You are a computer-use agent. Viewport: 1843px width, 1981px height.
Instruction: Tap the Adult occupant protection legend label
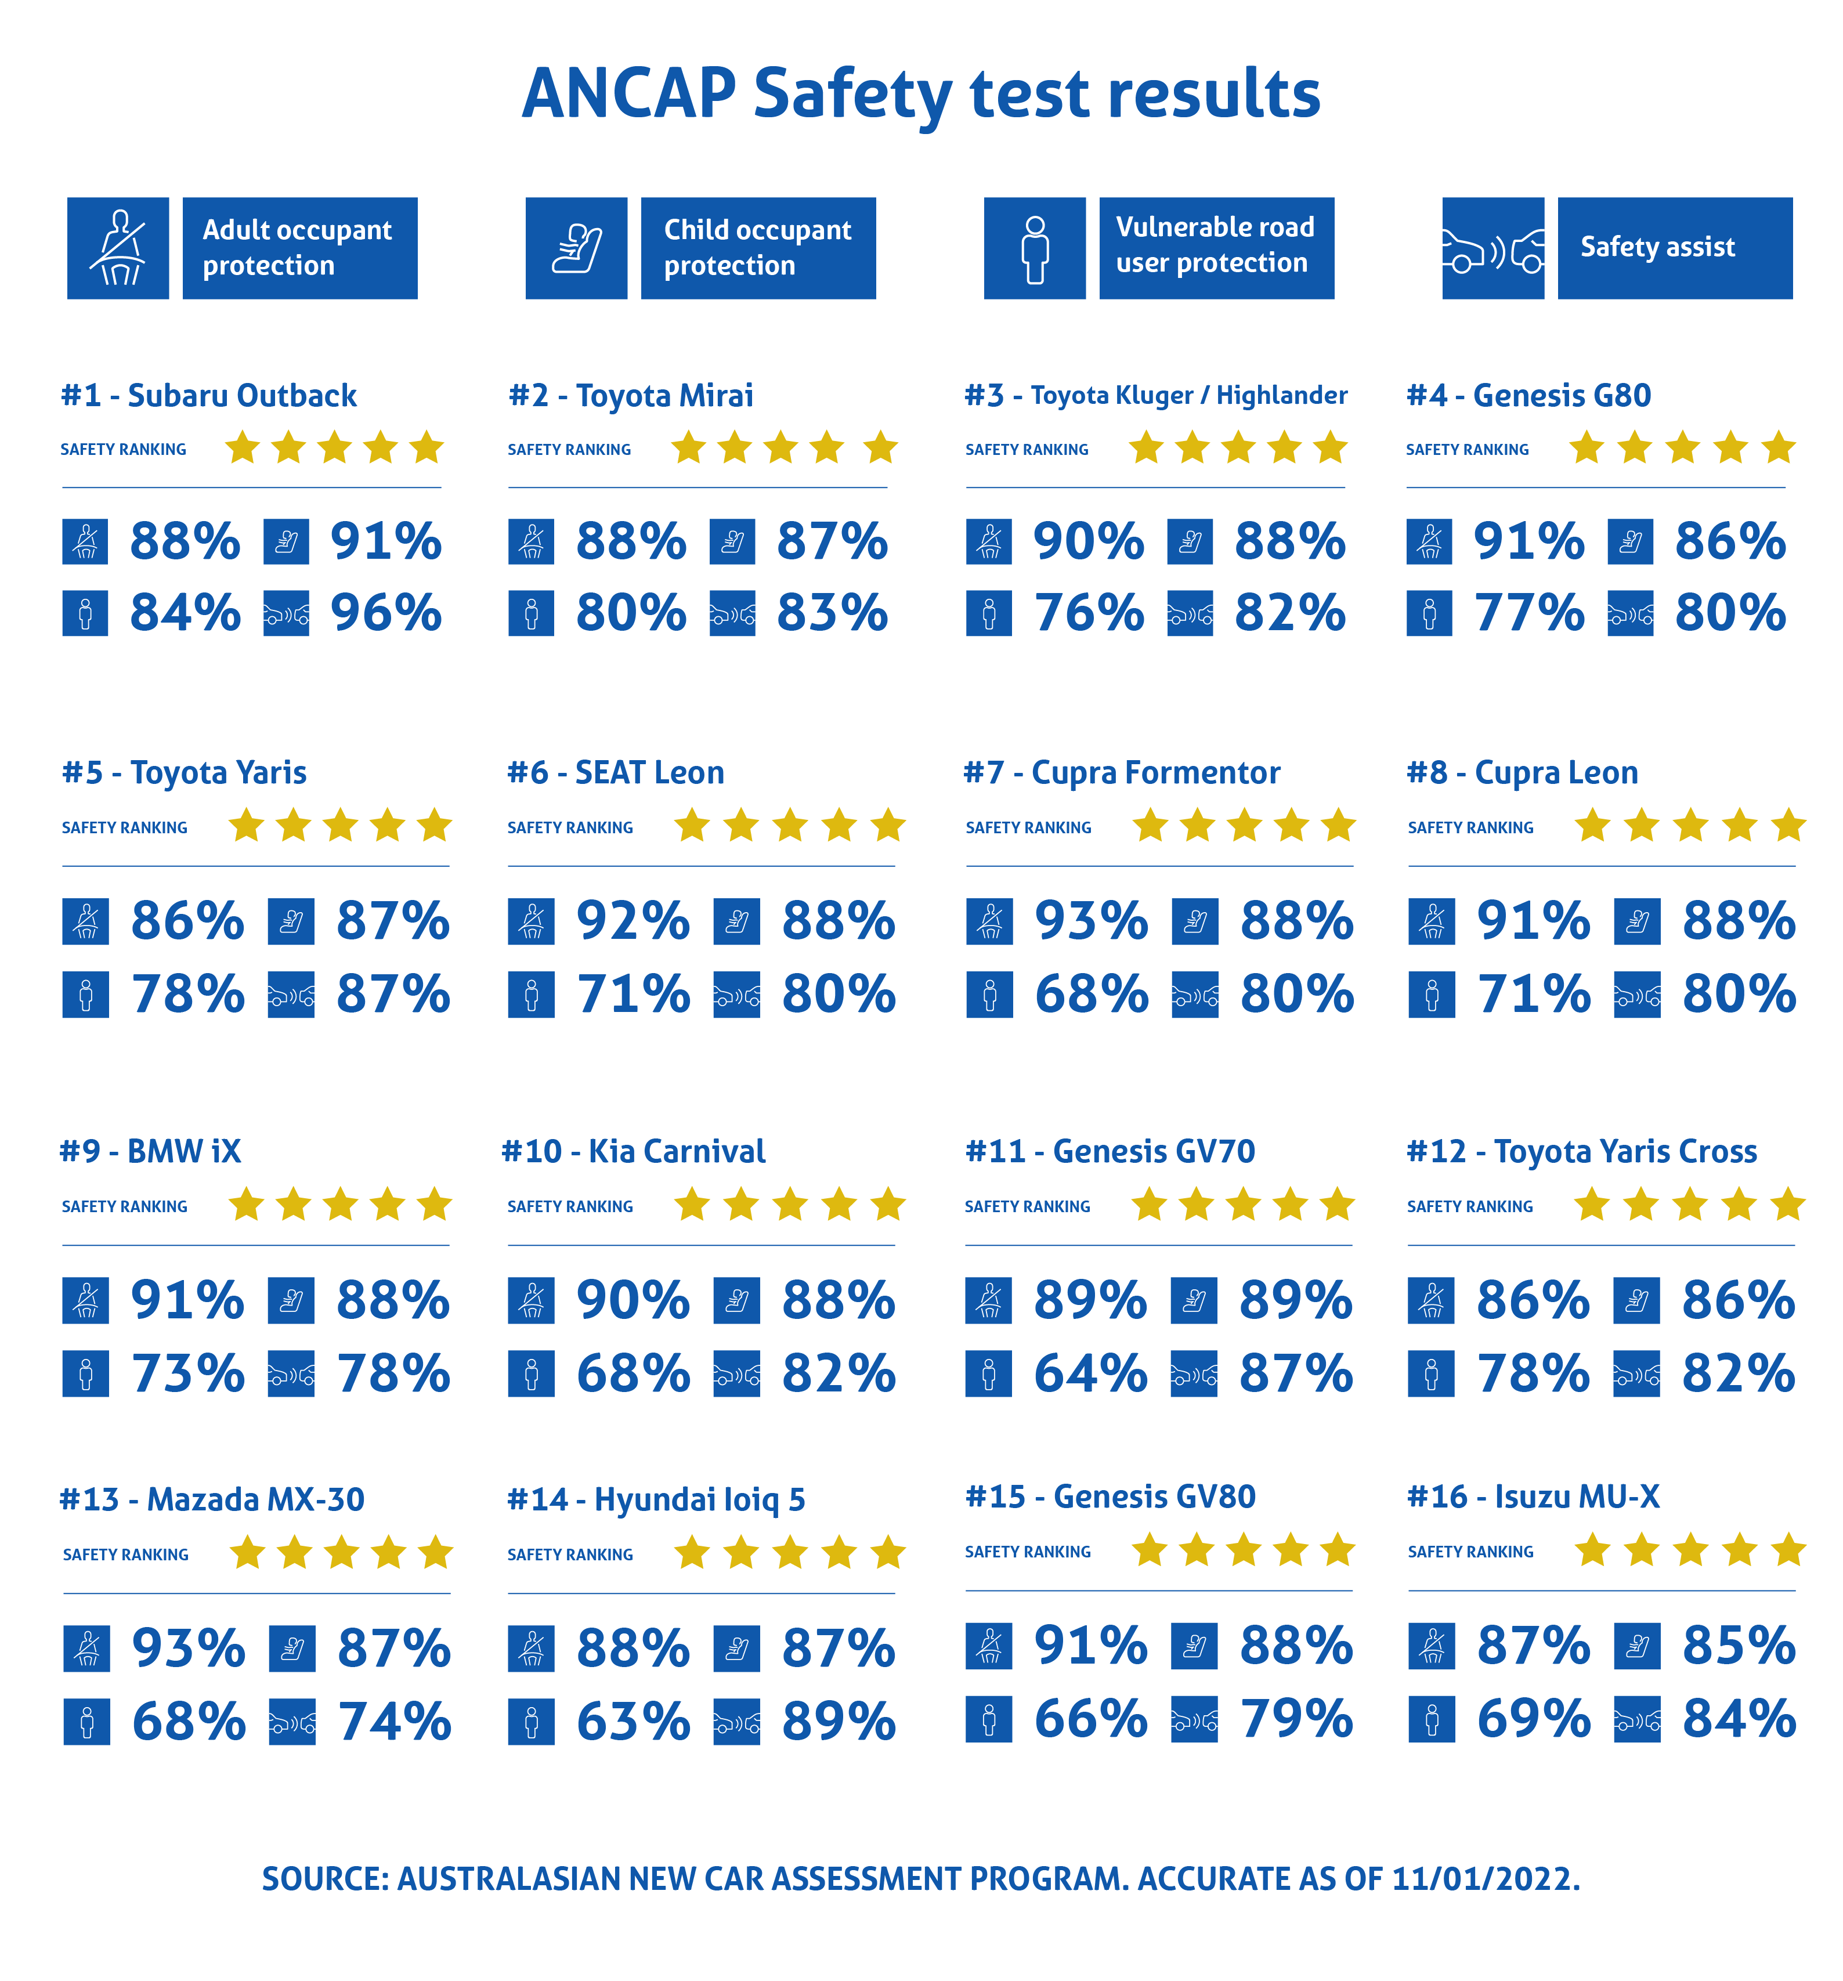pos(299,248)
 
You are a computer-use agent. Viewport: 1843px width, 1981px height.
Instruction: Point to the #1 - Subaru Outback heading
pos(208,396)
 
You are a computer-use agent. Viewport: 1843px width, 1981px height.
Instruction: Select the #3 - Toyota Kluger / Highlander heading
pos(1155,396)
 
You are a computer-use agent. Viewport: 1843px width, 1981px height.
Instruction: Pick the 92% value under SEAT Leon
pos(633,921)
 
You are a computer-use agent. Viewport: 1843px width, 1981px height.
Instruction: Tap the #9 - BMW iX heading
pos(150,1151)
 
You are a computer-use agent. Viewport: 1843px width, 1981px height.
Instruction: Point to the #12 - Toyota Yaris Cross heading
pos(1581,1151)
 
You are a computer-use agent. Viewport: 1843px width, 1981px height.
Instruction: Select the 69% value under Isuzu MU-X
pos(1533,1719)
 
